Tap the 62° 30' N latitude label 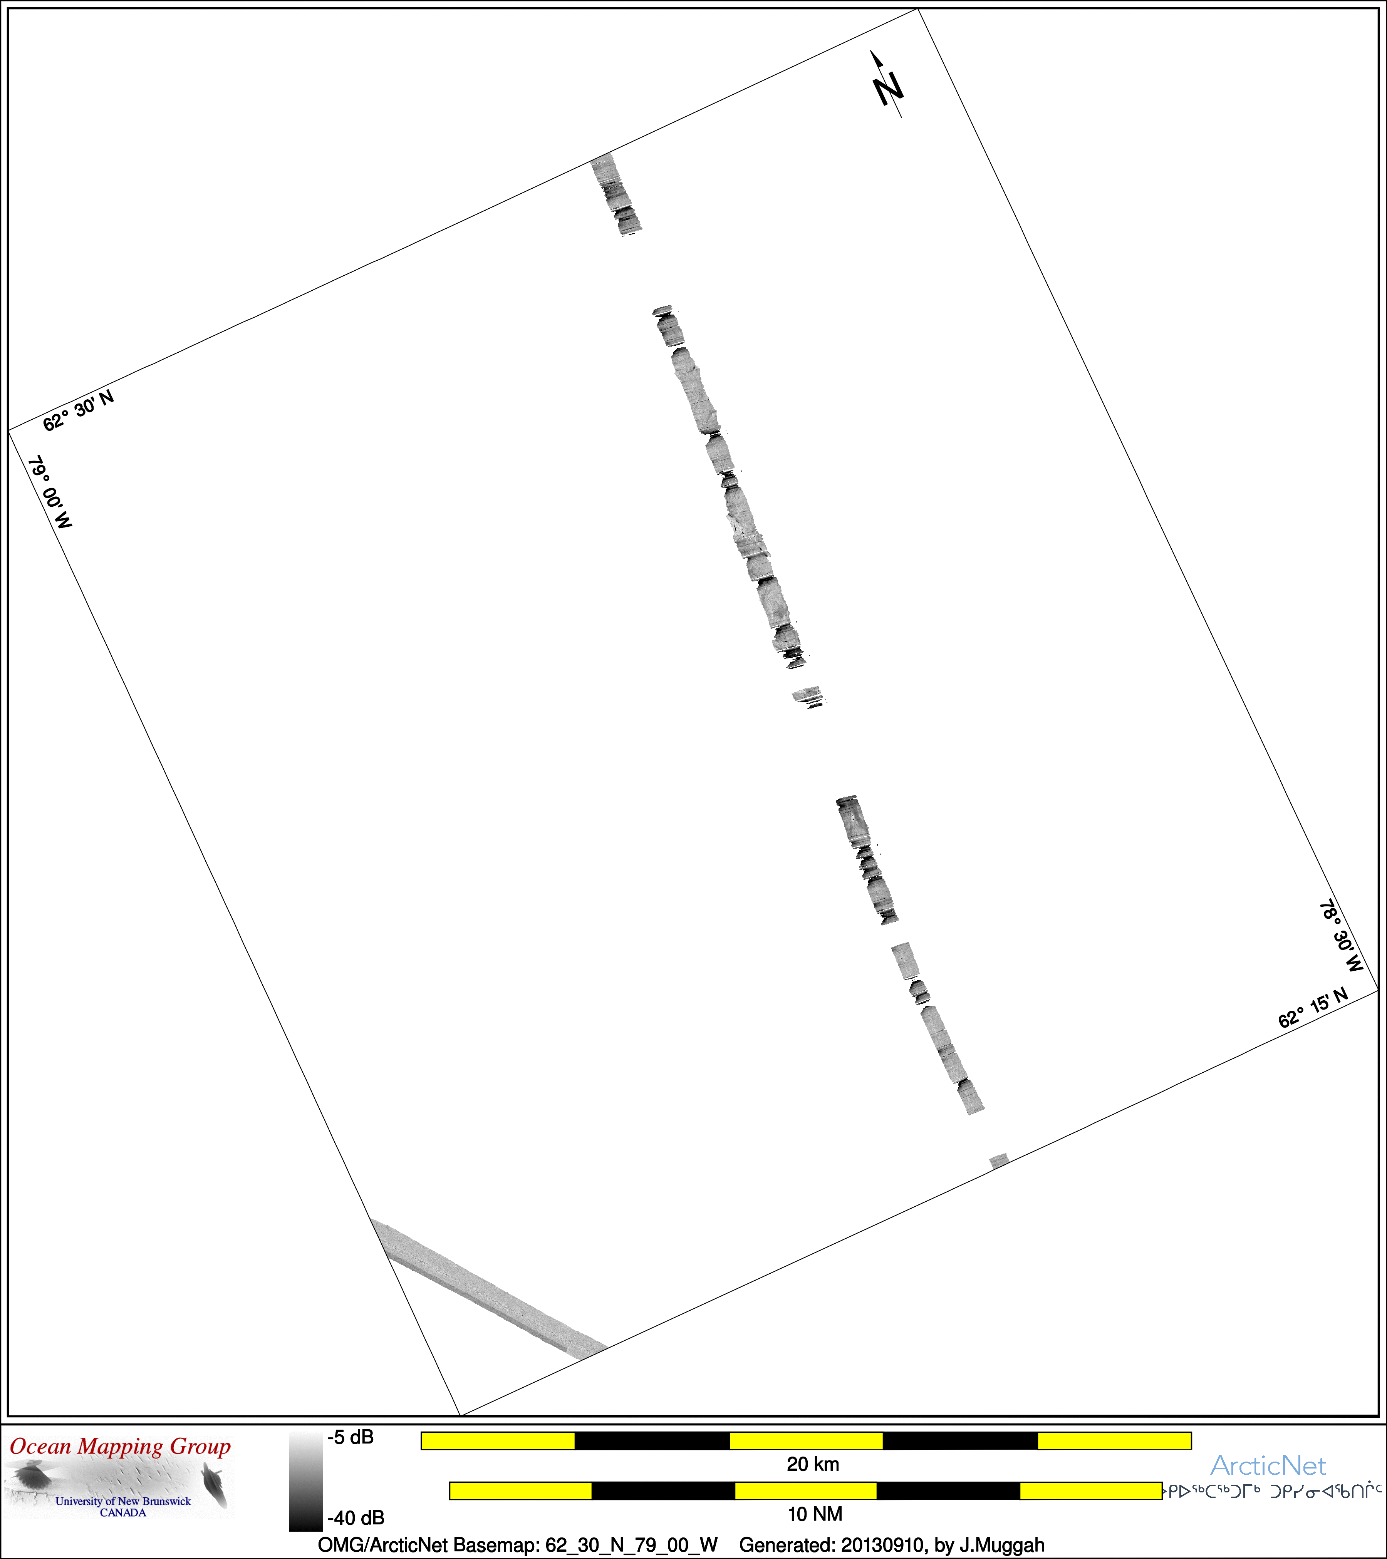click(x=78, y=410)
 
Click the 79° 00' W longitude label click(x=50, y=493)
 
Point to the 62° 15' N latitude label click(x=1313, y=1008)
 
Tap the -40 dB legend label click(x=356, y=1518)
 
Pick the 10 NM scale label click(x=815, y=1513)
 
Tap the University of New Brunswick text click(x=123, y=1501)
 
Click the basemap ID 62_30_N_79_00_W click(x=632, y=1545)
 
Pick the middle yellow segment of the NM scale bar click(x=806, y=1490)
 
